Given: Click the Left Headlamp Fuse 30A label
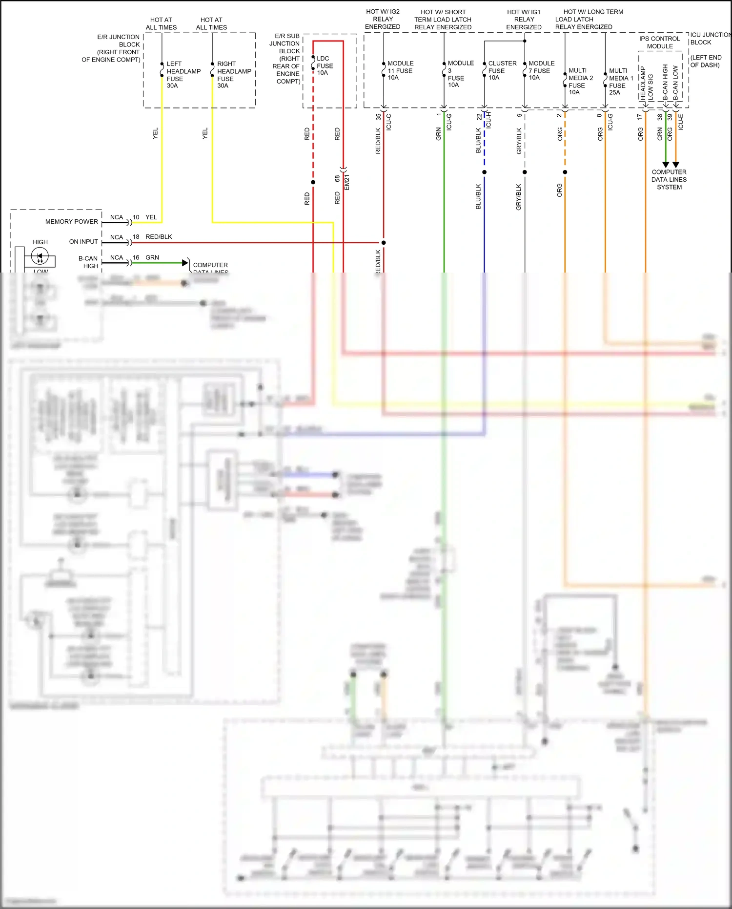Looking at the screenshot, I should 183,75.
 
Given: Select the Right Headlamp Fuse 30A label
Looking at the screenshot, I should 234,75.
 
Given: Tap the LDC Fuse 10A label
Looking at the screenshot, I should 325,65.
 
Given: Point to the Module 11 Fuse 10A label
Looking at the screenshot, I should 400,70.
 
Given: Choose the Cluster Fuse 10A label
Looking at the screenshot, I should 502,70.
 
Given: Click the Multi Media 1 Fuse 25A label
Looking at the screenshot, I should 621,82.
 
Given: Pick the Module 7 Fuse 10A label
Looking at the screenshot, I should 541,70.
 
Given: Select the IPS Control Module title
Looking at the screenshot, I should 659,42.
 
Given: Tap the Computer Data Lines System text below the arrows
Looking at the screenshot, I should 669,180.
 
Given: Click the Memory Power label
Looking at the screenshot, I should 71,222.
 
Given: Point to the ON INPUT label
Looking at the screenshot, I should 83,242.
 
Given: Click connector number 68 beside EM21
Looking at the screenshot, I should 337,179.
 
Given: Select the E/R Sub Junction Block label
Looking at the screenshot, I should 287,59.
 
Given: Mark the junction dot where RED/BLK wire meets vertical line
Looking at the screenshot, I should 384,242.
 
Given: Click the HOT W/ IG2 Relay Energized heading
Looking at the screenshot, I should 383,19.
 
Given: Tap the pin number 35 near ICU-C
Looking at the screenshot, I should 378,117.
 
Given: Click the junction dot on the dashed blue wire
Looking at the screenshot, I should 484,172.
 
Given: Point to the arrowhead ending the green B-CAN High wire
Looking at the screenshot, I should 185,263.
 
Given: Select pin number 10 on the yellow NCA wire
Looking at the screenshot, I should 136,217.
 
